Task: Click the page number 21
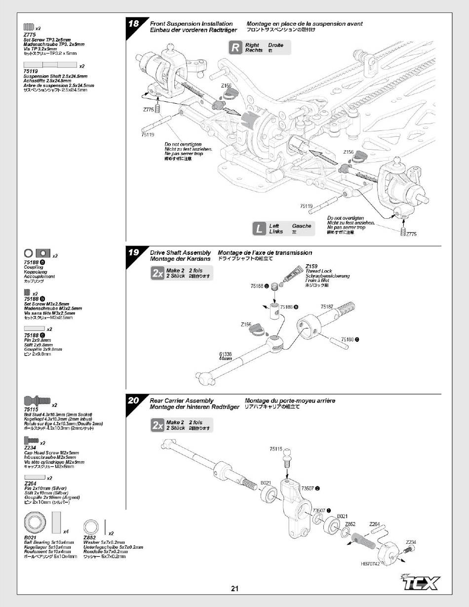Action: [234, 588]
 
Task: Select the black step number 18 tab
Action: [133, 24]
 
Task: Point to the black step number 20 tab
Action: [133, 401]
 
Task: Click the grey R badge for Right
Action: [236, 47]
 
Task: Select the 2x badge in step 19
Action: [157, 274]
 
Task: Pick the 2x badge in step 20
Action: [157, 425]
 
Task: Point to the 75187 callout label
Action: [327, 307]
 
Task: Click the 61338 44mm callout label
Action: [226, 356]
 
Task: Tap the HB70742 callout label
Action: [370, 564]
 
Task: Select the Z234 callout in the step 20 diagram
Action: [411, 542]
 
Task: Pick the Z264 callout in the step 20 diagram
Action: [374, 524]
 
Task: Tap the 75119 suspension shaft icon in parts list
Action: [50, 65]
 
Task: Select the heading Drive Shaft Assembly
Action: [180, 253]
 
